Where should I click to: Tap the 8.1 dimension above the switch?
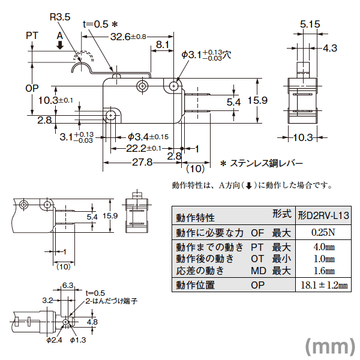tap(161, 45)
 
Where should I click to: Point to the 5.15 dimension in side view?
tap(310, 24)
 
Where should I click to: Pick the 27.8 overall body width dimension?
tap(142, 162)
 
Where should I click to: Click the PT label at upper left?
tap(32, 37)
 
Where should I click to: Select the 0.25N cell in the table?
tap(323, 233)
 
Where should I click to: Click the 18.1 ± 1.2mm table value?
tap(323, 286)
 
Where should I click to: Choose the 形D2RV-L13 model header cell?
tap(323, 215)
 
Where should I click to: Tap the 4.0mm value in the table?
tap(323, 247)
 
